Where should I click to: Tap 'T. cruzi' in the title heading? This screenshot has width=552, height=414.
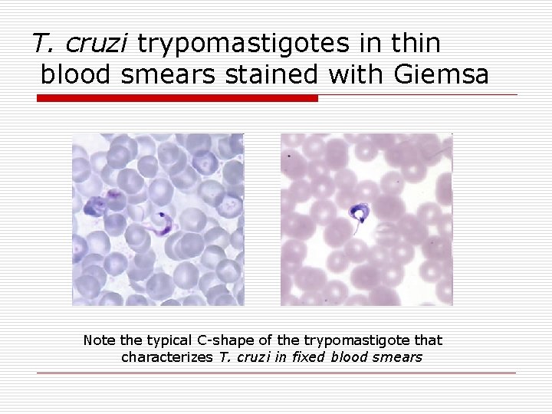82,44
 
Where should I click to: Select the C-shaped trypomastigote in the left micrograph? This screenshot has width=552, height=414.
163,223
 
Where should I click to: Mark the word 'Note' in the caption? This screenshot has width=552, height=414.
97,340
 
